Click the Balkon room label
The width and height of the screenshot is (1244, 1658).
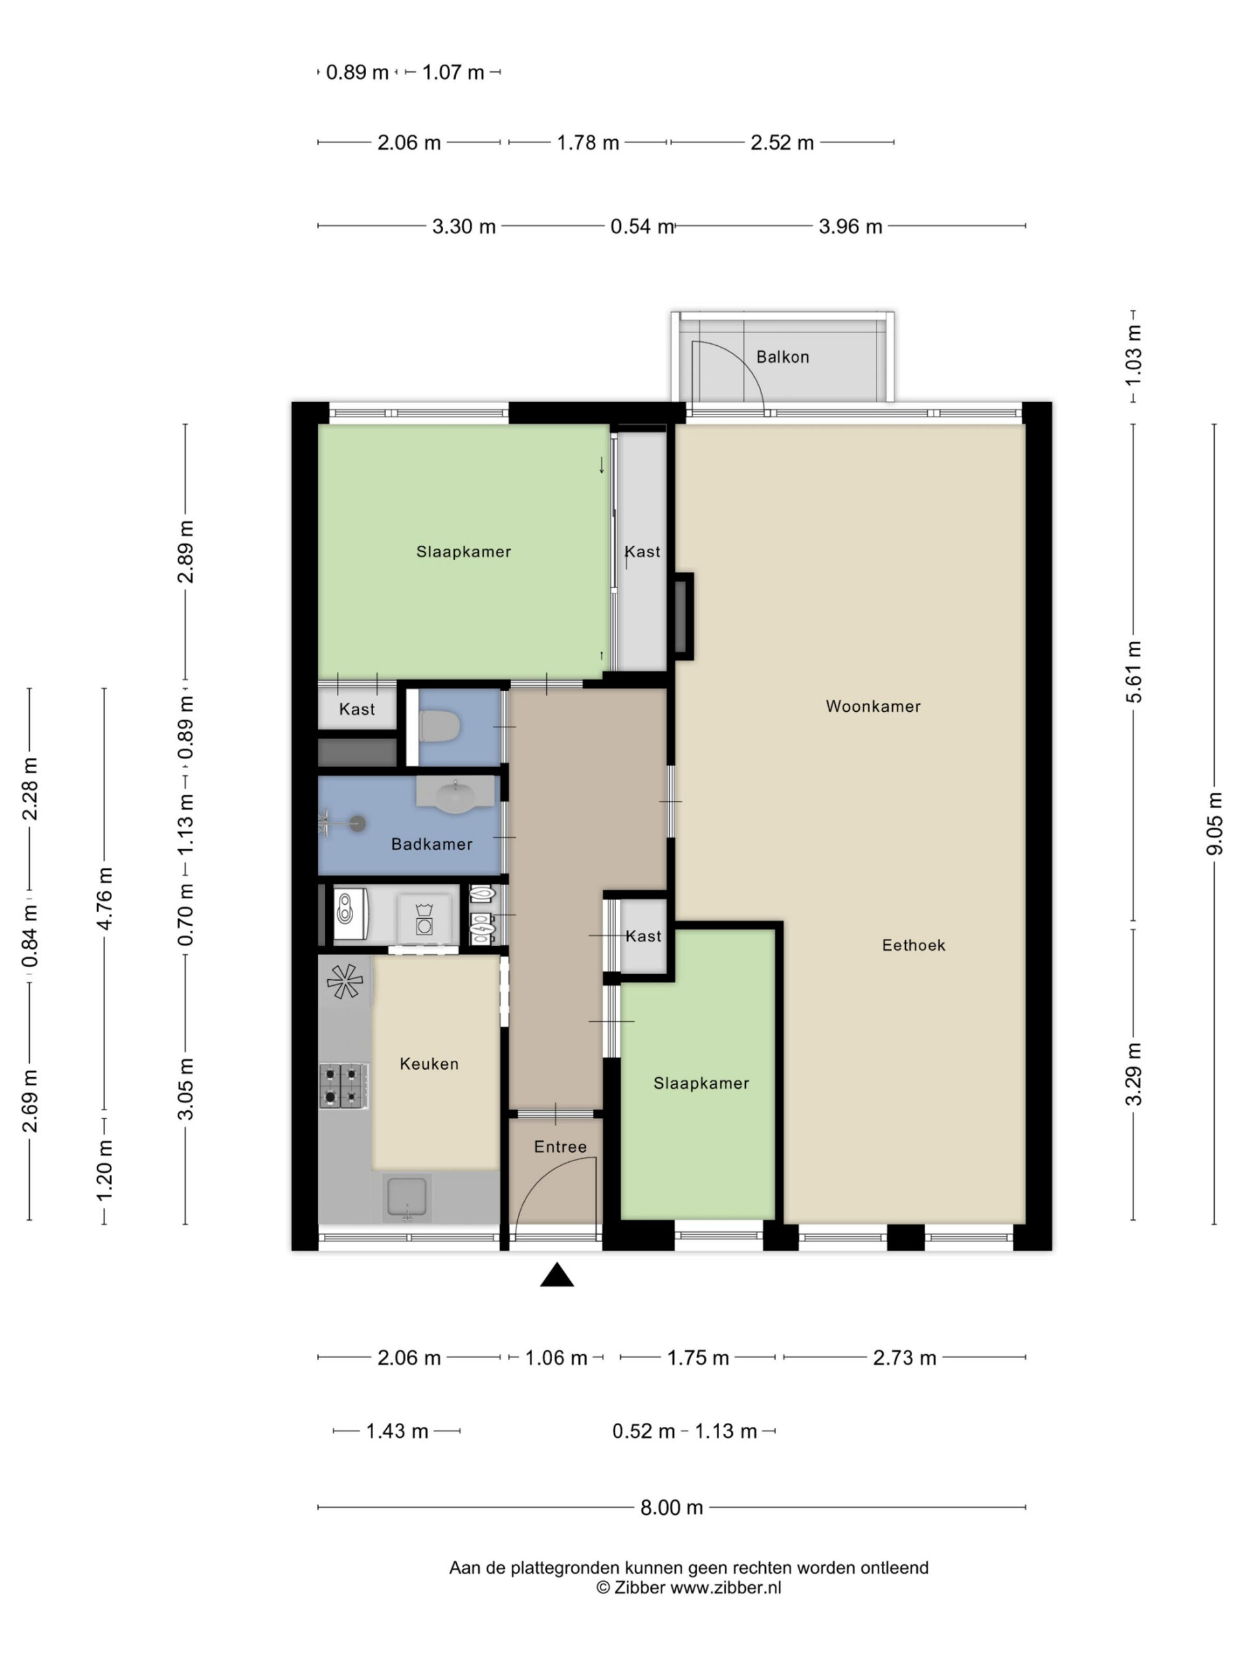782,357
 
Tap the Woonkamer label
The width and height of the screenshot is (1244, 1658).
873,706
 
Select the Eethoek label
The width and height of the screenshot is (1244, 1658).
914,945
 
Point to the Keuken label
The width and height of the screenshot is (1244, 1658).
429,1063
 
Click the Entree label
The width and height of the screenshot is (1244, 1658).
560,1147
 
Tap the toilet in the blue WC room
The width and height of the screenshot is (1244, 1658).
439,726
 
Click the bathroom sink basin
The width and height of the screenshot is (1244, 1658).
455,795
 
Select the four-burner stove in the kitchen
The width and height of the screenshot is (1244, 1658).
343,1085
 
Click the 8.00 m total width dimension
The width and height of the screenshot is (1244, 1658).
672,1507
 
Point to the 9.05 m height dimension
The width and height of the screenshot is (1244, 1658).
1215,823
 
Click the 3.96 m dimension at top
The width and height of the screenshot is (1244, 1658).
850,227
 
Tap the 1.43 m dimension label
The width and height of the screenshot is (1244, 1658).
397,1431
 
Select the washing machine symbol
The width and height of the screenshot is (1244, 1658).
424,919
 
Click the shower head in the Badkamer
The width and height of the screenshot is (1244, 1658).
358,824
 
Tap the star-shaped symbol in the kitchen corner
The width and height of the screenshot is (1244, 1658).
345,981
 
